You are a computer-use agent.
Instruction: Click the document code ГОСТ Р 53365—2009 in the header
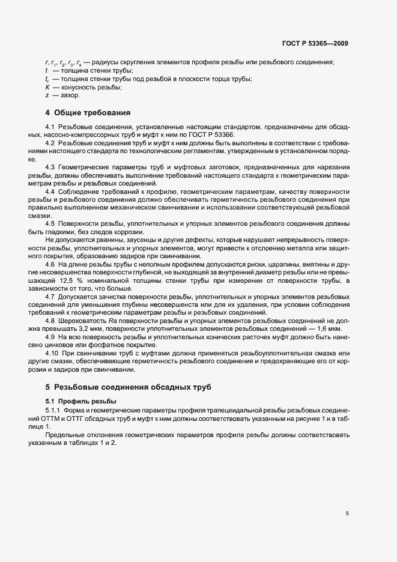[315, 43]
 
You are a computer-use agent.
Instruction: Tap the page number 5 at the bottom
[347, 513]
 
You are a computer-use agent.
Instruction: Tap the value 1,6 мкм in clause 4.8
[327, 330]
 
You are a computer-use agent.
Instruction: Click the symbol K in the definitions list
[47, 87]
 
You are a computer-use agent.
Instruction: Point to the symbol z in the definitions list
[47, 95]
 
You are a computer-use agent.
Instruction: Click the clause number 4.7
[52, 297]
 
